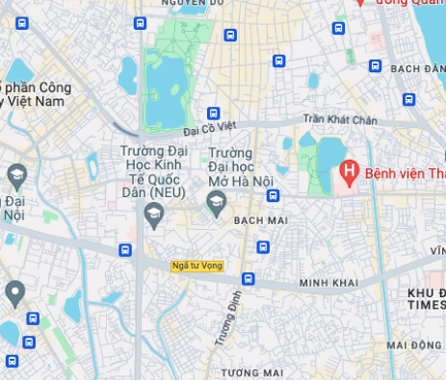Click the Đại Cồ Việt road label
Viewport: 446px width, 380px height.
click(209, 126)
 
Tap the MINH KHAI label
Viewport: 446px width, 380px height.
click(328, 283)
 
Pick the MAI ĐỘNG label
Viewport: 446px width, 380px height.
click(414, 344)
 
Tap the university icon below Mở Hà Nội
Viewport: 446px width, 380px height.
click(217, 203)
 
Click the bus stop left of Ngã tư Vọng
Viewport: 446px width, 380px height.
click(125, 250)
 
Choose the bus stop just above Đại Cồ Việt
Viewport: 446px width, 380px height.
click(214, 113)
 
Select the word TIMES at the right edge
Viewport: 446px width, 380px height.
click(425, 304)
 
